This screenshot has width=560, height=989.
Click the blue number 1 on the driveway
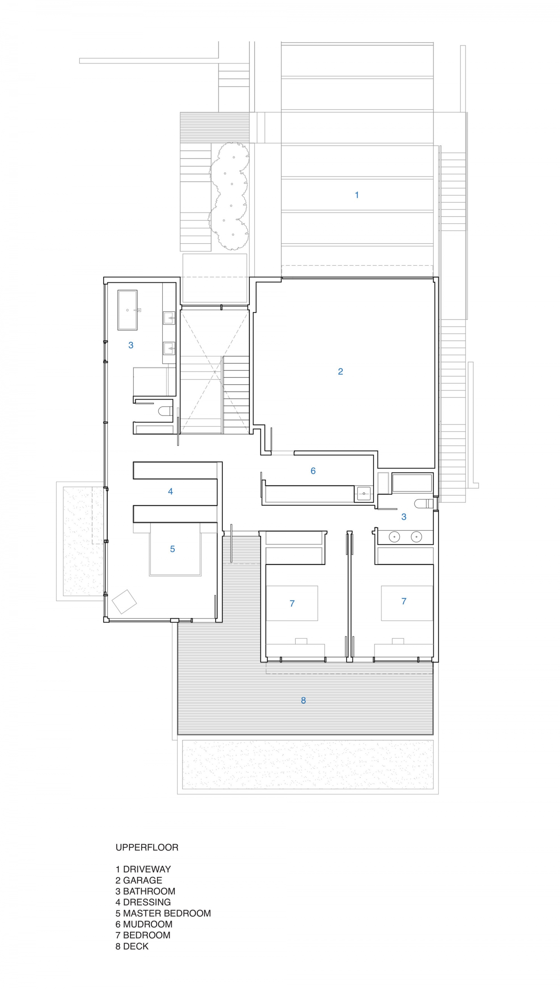coord(357,195)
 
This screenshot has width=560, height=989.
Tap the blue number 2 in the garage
coord(340,371)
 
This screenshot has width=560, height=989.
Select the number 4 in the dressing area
coord(170,491)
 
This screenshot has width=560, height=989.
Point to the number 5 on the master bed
coord(172,549)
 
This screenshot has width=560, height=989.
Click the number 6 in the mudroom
coord(313,471)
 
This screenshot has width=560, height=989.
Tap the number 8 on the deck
coord(304,701)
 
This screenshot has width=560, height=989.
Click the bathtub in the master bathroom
coord(127,310)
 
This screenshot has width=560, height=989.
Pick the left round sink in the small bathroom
coord(394,537)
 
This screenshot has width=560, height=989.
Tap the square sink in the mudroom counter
coord(364,493)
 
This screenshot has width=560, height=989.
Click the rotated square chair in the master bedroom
coord(124,602)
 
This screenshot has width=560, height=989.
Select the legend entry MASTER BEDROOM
coord(167,913)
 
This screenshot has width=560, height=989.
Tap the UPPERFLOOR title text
coord(147,847)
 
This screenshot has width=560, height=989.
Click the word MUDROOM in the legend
coord(148,924)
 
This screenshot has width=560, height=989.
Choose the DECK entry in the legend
coord(136,946)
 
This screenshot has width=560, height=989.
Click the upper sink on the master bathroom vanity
coord(169,318)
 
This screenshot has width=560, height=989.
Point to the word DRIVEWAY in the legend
coord(147,869)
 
